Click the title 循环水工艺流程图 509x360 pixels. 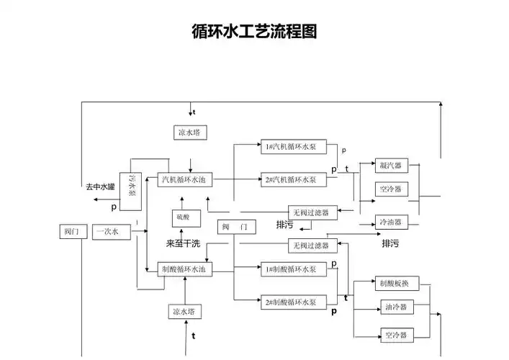pos(254,32)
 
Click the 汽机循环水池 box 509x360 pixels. pos(186,179)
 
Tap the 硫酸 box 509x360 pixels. pos(183,217)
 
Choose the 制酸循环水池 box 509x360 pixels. pos(186,269)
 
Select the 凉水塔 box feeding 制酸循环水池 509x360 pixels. pos(185,312)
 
